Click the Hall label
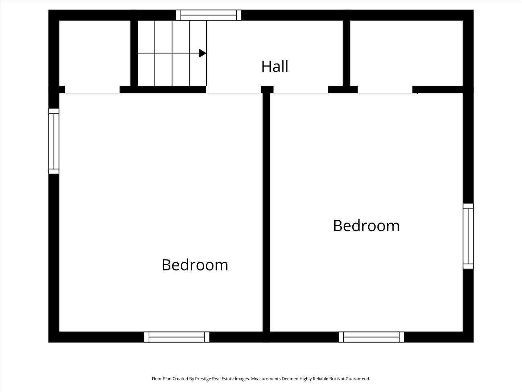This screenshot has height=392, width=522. (275, 67)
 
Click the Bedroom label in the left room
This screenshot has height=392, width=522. (195, 265)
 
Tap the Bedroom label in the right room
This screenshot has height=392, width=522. (366, 226)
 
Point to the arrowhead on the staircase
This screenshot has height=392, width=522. (203, 53)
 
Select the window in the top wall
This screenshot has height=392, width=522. (208, 15)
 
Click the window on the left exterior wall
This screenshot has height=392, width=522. (54, 141)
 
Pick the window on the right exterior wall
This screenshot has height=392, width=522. (468, 236)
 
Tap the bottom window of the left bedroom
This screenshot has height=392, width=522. (177, 337)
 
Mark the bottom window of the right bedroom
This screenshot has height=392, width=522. (371, 337)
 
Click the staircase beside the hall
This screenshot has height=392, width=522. (172, 53)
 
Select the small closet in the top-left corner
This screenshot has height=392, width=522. (94, 53)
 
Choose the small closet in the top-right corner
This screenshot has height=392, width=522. (406, 53)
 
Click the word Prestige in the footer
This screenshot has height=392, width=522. (203, 379)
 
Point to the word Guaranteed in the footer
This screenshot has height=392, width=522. (357, 379)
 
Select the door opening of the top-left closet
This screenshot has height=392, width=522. (92, 90)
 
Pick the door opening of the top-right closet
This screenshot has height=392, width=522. (385, 90)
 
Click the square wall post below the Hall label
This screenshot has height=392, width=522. (267, 90)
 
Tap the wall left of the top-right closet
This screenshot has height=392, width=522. (346, 53)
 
